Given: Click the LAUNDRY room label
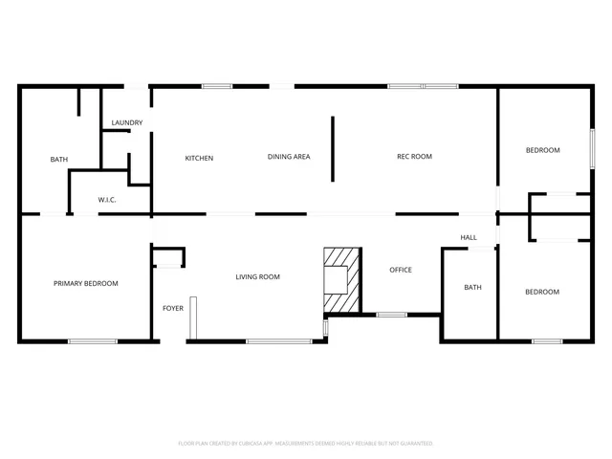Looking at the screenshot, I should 127,122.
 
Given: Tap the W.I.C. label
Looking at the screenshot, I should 107,199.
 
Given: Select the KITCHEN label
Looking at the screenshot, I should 199,158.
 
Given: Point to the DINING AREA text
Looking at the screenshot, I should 288,157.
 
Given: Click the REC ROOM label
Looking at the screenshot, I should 415,157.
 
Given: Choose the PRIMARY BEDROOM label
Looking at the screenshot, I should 86,283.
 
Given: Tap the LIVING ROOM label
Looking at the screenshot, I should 258,277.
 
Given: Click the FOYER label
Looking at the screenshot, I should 173,308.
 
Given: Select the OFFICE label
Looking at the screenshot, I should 401,270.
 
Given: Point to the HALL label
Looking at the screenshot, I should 469,237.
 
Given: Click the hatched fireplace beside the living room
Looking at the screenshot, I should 342,279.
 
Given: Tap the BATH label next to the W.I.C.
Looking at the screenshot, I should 59,159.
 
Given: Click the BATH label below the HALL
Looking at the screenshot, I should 472,288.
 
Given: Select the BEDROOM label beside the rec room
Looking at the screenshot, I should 542,151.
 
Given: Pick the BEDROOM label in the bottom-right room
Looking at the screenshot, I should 542,292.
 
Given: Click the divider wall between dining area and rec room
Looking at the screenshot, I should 333,148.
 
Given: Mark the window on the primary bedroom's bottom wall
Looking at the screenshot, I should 93,340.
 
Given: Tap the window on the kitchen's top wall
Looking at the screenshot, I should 217,87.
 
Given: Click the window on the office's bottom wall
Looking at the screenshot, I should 391,314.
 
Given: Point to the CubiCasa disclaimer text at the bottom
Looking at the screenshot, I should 306,444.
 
